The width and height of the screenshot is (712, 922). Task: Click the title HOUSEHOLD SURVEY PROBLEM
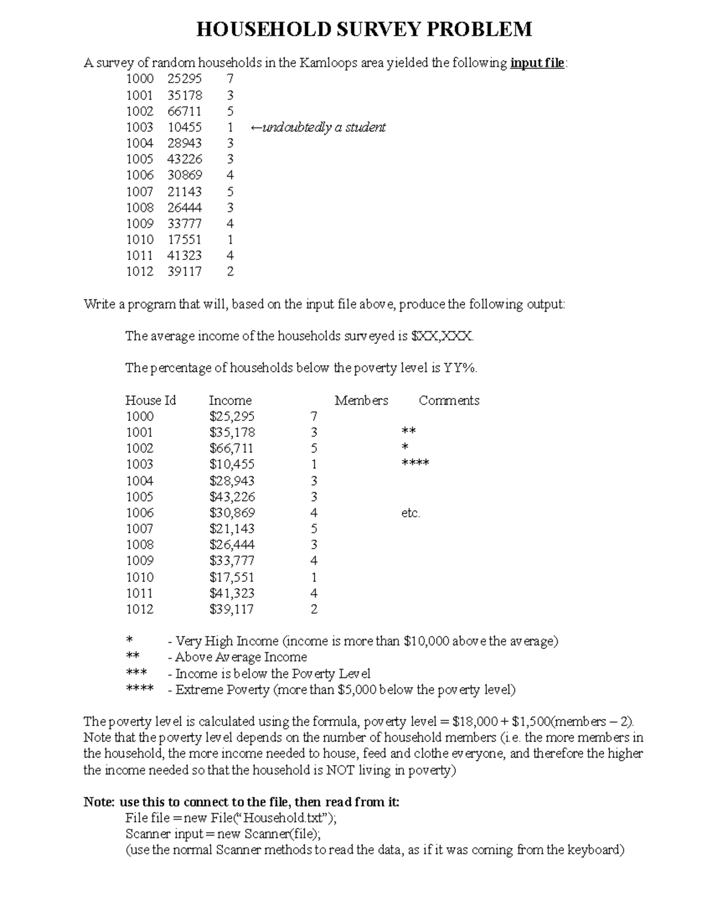[364, 29]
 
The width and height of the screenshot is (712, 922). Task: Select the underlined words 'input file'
[537, 63]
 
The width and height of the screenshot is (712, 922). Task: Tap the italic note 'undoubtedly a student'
[324, 127]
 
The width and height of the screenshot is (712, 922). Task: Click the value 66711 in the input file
[184, 111]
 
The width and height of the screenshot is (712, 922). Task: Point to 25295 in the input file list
[184, 78]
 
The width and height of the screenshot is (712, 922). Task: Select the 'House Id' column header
[150, 400]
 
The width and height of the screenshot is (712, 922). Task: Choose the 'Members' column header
[361, 400]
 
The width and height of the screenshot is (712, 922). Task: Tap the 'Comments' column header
[449, 400]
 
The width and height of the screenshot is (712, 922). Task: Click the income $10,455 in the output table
[232, 464]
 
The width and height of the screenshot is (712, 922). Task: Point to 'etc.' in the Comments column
[411, 513]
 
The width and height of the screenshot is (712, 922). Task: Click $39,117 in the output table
[231, 609]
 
